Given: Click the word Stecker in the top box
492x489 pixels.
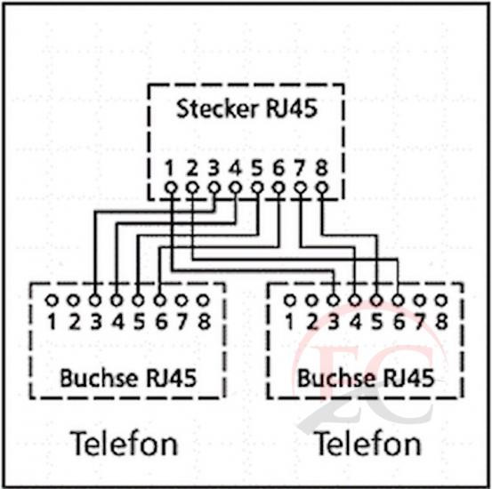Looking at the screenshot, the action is pos(217,108).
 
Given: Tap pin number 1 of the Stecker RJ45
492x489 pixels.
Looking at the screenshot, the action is pos(170,168).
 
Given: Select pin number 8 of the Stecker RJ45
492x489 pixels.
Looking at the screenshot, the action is pos(321,168).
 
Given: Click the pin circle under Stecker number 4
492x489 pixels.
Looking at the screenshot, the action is pos(235,188).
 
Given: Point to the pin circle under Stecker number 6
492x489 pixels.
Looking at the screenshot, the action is pos(278,188).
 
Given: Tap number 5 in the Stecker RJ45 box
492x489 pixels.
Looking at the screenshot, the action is pos(256,168).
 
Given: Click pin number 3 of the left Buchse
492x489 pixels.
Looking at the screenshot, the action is pos(96,322).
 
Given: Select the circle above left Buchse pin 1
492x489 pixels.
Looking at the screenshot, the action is pos(52,301).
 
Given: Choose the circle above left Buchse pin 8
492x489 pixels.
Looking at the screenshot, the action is pos(204,301).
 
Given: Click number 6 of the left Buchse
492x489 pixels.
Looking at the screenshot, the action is pos(161,322).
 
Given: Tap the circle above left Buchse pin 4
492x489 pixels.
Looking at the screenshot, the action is pos(117,301).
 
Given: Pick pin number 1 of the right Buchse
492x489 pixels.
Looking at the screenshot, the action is pos(290,322).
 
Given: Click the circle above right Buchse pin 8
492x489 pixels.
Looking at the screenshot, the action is pos(441,301).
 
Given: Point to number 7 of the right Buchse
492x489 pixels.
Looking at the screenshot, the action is pos(420,322).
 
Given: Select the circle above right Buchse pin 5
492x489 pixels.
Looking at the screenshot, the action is pos(376,301).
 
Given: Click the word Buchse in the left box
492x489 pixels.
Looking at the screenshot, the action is pos(99,378).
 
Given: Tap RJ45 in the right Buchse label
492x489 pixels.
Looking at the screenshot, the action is pos(409,378).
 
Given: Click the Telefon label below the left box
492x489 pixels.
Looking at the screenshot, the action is pos(124,443).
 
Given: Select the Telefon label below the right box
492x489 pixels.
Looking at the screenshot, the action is pos(367,443).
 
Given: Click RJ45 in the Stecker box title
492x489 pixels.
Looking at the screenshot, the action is pos(292,108).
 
